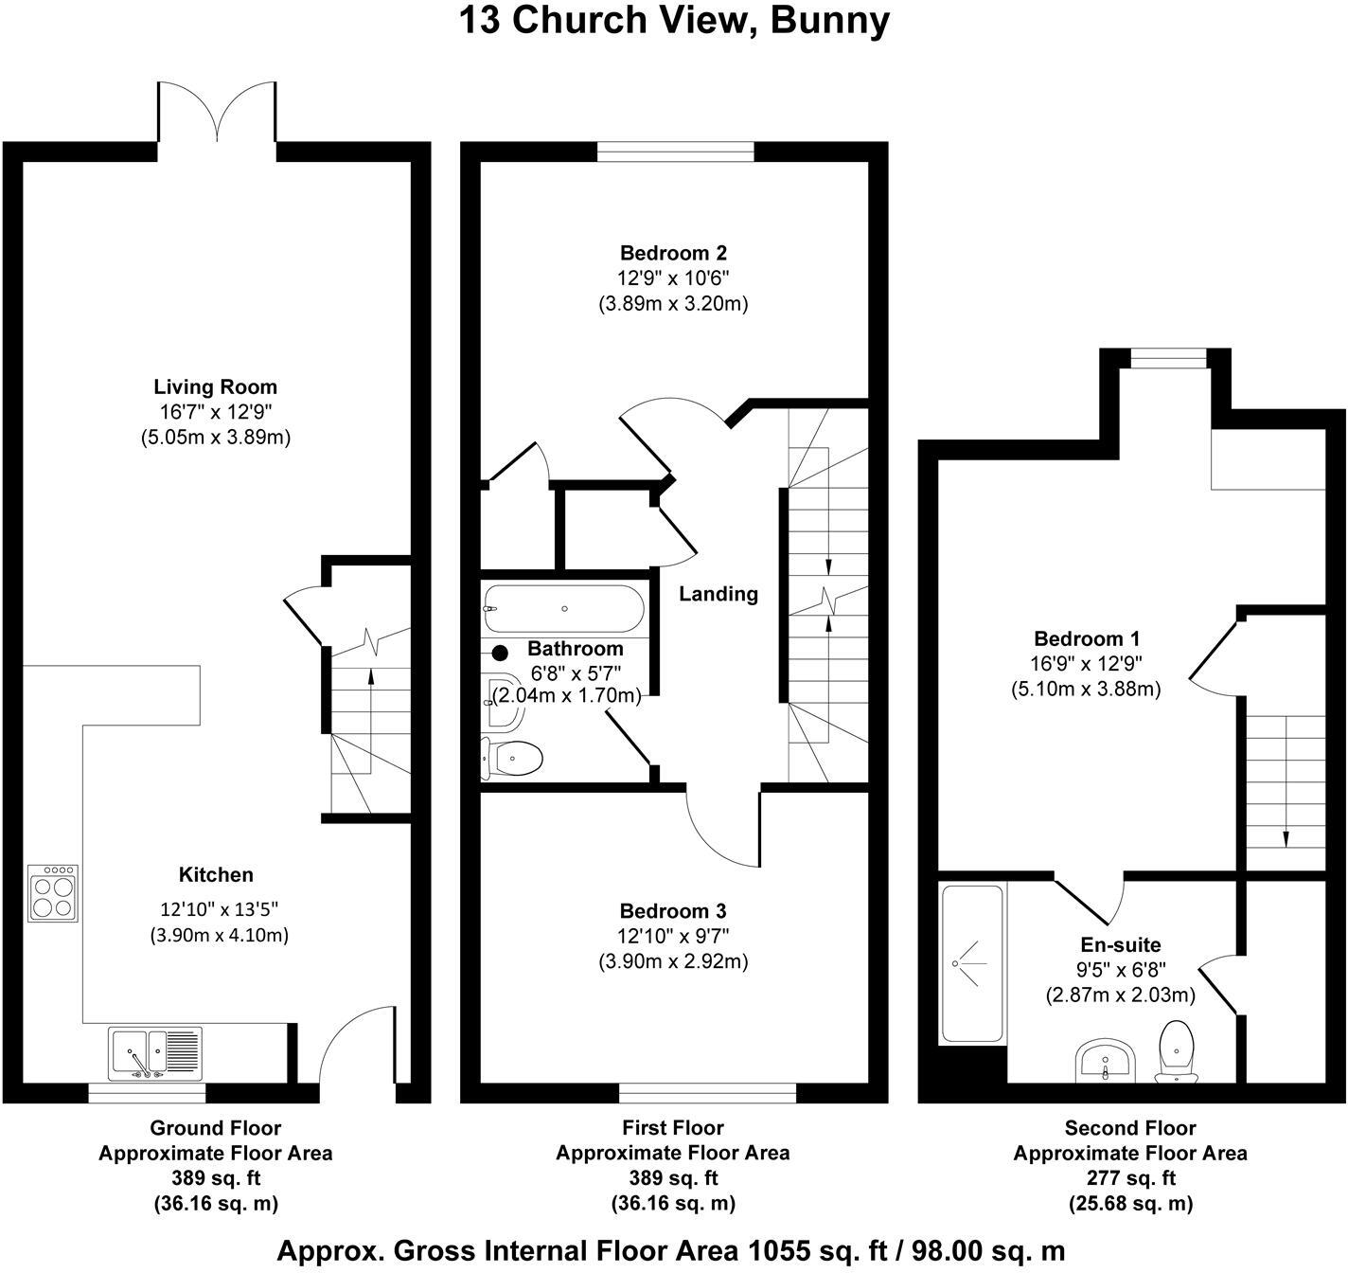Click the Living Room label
(215, 386)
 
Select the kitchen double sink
(153, 1053)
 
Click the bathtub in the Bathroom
(564, 608)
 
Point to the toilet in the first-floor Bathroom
(513, 758)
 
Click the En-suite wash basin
(1106, 1060)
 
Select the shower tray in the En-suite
(971, 964)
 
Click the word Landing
(718, 594)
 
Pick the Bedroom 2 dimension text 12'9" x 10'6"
(673, 278)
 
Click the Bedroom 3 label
(672, 911)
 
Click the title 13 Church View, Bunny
(674, 20)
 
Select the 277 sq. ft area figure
(1129, 1178)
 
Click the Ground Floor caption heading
(215, 1128)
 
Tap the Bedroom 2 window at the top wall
(675, 152)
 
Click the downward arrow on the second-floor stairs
(1286, 837)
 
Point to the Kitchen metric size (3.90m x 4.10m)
(219, 935)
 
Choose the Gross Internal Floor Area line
(671, 1250)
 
